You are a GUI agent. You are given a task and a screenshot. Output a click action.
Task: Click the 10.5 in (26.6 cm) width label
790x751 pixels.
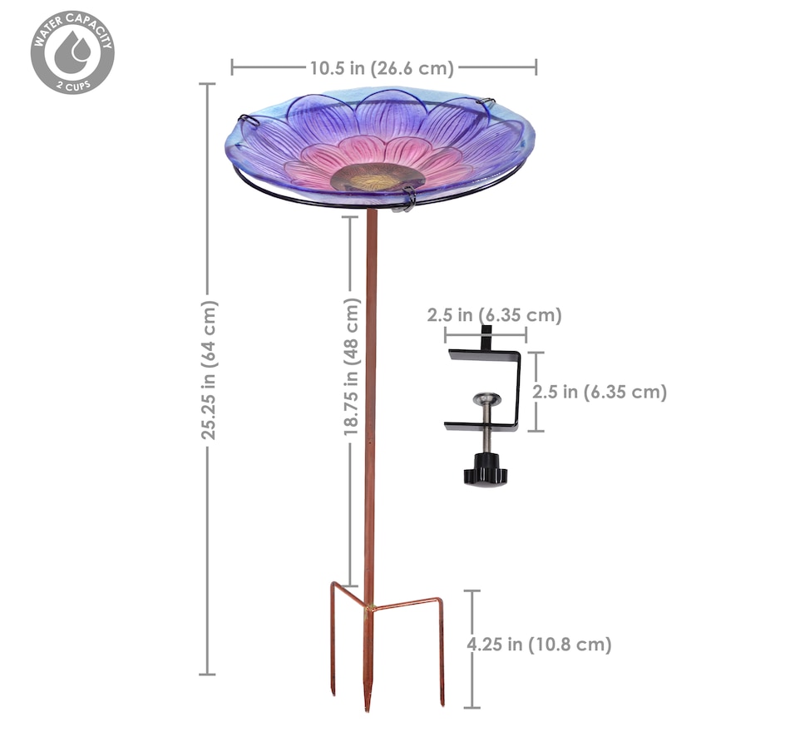[x=382, y=68]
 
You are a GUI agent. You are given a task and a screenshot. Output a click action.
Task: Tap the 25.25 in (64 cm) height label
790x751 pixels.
[x=209, y=370]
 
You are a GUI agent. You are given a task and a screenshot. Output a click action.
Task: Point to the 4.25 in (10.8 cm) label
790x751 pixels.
[x=539, y=645]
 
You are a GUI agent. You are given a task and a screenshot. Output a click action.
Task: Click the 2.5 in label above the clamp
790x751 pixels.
[x=494, y=315]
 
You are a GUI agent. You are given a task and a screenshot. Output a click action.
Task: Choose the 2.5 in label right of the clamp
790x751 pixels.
[x=600, y=392]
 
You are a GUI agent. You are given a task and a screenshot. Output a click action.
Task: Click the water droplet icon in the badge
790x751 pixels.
[x=72, y=52]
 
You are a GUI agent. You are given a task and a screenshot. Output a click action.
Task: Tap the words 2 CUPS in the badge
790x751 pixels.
[x=73, y=86]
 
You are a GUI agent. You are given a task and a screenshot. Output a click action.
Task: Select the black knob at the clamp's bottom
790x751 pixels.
[x=485, y=470]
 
